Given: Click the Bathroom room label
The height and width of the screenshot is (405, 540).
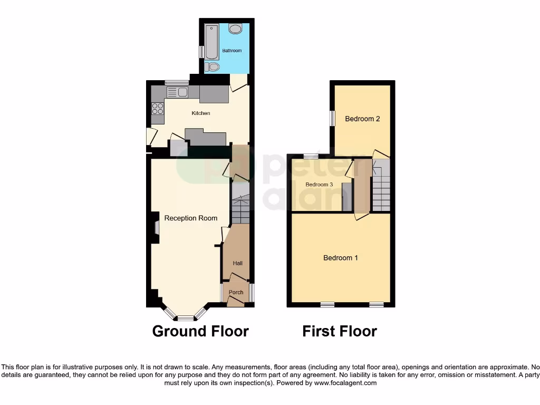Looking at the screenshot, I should [x=232, y=51].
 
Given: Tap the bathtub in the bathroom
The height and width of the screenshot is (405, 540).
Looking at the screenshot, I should [x=211, y=42].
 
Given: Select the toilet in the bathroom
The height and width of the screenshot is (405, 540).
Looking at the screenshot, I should [x=213, y=67].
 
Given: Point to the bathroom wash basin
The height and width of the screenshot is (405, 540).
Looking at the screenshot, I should [x=236, y=30].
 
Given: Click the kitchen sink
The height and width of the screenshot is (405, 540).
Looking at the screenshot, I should [x=177, y=92].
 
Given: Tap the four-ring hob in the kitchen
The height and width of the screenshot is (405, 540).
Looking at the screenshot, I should [x=158, y=108].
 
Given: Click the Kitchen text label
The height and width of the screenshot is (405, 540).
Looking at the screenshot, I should [x=200, y=113].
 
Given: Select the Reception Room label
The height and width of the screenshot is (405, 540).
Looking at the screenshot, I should [x=190, y=218].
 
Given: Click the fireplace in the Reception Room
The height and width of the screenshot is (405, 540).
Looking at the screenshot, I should [x=156, y=227].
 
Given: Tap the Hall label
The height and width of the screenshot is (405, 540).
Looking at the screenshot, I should [x=237, y=263].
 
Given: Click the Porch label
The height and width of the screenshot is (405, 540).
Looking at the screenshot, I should [x=236, y=292].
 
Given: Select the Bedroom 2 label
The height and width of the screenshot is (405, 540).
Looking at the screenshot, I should [x=362, y=119].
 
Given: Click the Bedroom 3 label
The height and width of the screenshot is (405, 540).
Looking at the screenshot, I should [x=319, y=185].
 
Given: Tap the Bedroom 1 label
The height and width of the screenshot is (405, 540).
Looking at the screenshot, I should [x=341, y=258].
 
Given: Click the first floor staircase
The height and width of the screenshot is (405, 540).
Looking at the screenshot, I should [x=381, y=187].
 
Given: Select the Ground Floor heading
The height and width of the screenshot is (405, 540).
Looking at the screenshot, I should [x=200, y=331].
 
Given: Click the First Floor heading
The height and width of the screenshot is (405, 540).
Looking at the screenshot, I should [x=339, y=331].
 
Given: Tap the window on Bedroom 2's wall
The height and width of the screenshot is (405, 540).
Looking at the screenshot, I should [x=332, y=118].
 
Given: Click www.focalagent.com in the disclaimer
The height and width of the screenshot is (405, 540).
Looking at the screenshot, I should [x=345, y=383].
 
